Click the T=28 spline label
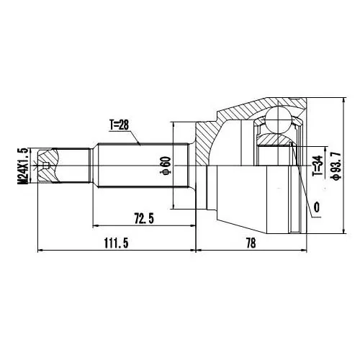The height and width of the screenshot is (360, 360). coord(120,125)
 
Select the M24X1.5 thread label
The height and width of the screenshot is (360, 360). coord(23,166)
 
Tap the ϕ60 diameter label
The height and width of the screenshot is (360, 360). coord(166,166)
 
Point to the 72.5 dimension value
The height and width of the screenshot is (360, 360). coord(144,219)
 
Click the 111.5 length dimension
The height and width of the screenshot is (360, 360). coord(117,243)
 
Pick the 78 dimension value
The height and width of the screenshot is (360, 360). coord(251,243)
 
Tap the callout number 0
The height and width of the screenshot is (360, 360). coord(317,207)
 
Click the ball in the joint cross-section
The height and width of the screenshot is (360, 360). coord(278,120)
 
